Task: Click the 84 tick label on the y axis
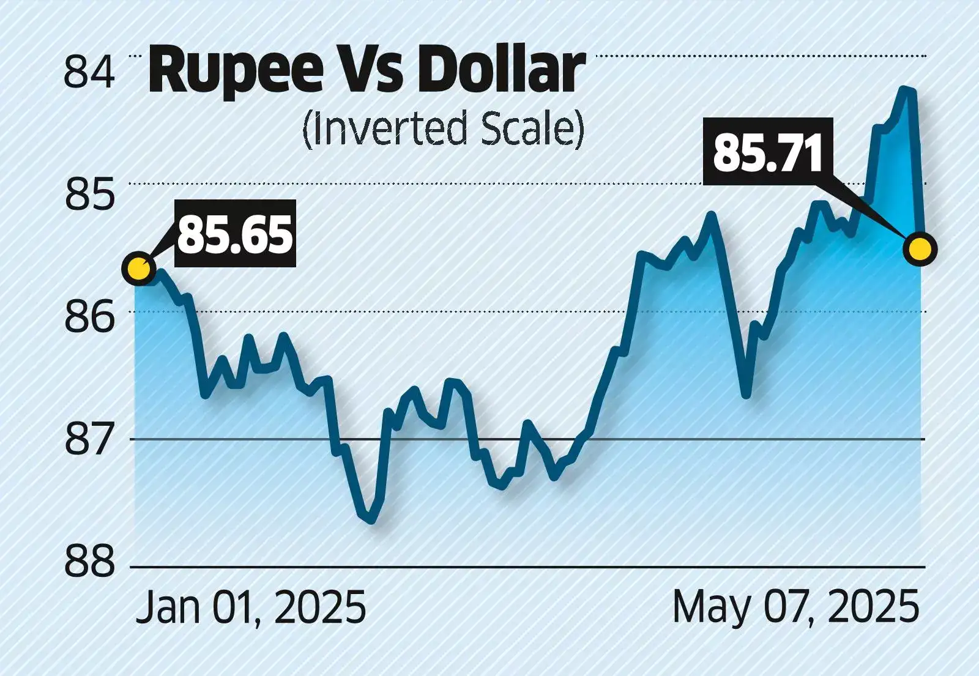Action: (x=89, y=72)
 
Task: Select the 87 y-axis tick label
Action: (x=89, y=440)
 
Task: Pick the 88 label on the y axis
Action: (x=89, y=562)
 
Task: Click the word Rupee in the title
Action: (x=236, y=72)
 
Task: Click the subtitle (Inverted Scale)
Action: (x=444, y=129)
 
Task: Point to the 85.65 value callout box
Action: (x=236, y=234)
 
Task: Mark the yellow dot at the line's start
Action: (x=139, y=269)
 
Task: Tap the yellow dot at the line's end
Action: (x=920, y=250)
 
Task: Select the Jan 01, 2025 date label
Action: (x=251, y=607)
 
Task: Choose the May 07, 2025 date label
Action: (x=796, y=607)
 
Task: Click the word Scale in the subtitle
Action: (x=532, y=129)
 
